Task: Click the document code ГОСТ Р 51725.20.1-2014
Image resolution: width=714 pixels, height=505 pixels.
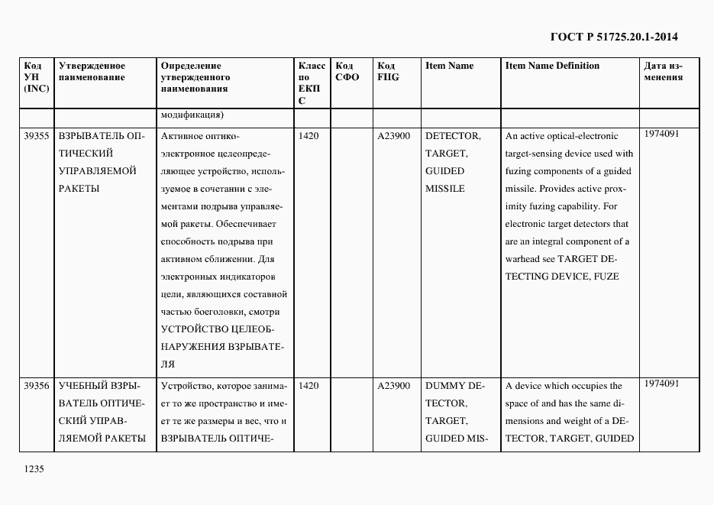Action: pyautogui.click(x=614, y=37)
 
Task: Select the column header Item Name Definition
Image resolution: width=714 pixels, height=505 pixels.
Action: pyautogui.click(x=552, y=66)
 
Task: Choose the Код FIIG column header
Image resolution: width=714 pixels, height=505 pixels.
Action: pyautogui.click(x=387, y=71)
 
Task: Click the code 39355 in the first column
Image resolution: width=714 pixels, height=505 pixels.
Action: pyautogui.click(x=37, y=136)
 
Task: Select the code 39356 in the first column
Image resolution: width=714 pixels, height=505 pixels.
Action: pyautogui.click(x=37, y=386)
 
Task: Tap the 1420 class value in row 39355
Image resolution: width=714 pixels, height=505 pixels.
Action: pyautogui.click(x=309, y=136)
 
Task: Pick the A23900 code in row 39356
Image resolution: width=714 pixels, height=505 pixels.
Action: pyautogui.click(x=393, y=386)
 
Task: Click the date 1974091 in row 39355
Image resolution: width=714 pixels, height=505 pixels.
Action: pyautogui.click(x=661, y=134)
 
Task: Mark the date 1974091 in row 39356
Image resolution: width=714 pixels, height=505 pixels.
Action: pyautogui.click(x=661, y=384)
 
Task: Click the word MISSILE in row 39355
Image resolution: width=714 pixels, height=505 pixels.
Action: pyautogui.click(x=444, y=189)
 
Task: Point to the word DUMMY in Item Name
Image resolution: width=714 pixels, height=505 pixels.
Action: pyautogui.click(x=441, y=386)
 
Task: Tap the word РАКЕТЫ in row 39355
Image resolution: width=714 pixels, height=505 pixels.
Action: pyautogui.click(x=79, y=189)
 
